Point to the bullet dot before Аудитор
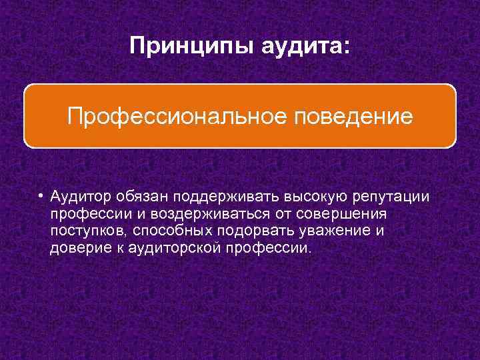41,197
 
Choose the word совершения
351,215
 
